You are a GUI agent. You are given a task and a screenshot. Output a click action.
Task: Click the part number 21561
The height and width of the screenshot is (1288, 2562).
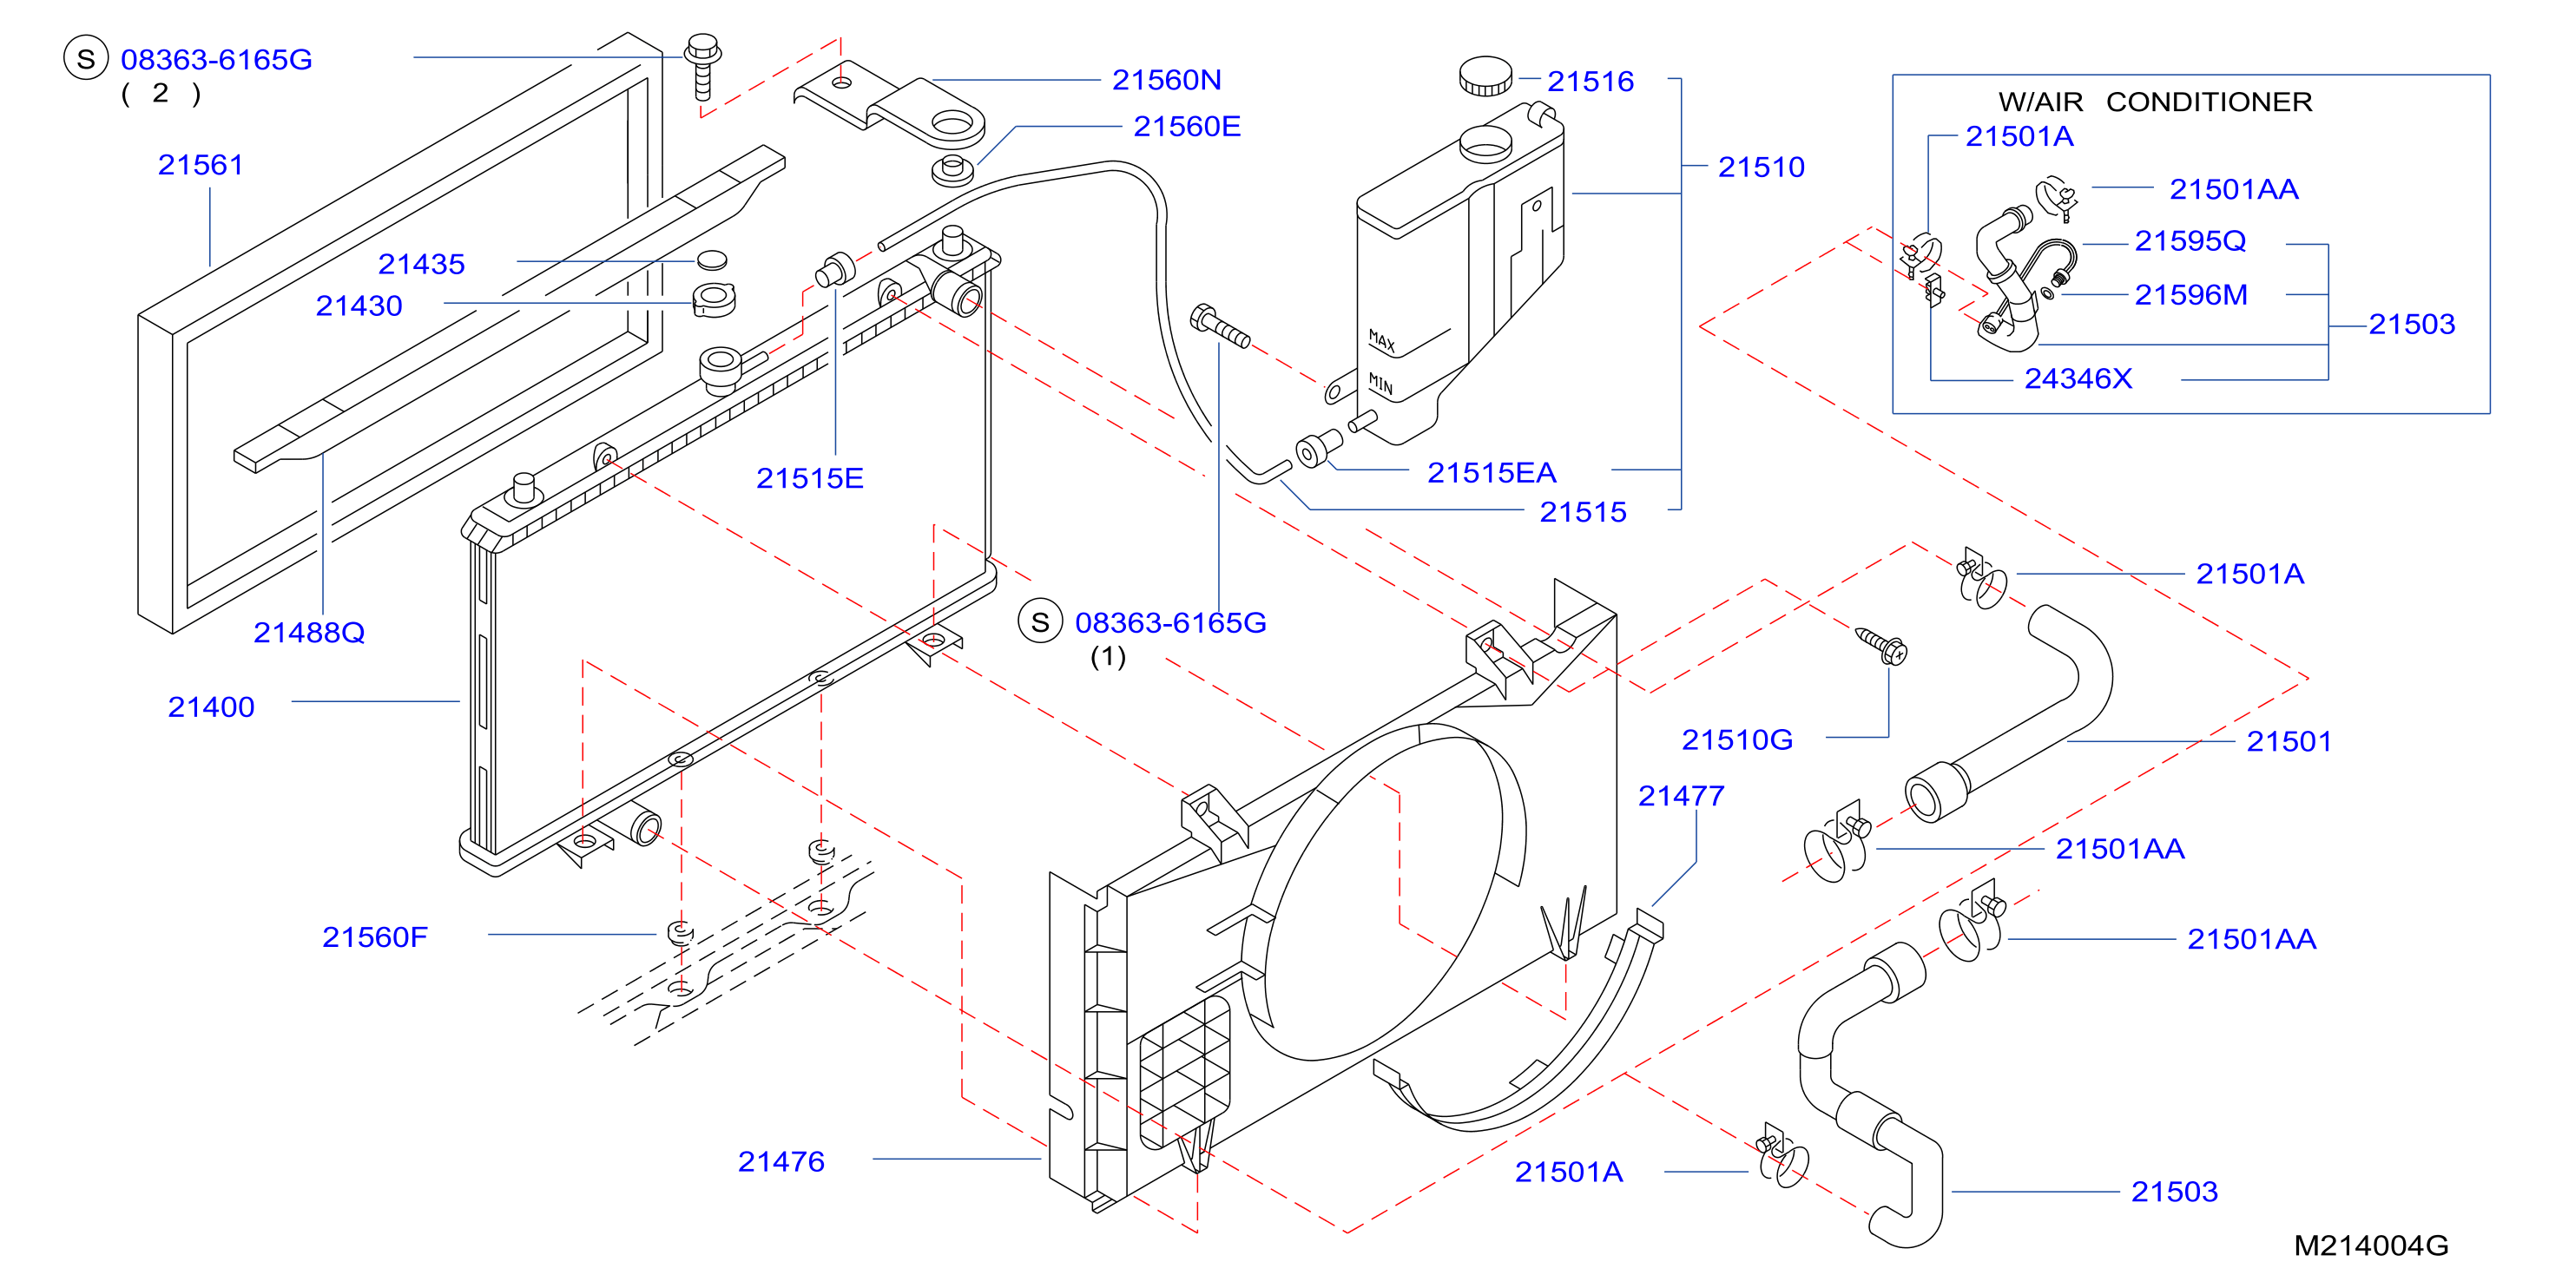[x=200, y=164]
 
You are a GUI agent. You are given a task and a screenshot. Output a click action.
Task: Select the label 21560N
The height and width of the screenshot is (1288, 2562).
[x=1166, y=80]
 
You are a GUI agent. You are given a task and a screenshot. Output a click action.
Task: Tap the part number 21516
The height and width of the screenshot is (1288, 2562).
[x=1590, y=81]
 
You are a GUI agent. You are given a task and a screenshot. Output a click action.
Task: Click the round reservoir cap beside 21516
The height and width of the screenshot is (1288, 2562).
[x=1485, y=76]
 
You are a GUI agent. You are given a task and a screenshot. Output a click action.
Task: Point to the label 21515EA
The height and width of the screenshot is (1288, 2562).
[x=1491, y=472]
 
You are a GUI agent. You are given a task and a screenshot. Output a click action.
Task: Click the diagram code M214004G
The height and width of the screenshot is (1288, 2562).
[x=2370, y=1245]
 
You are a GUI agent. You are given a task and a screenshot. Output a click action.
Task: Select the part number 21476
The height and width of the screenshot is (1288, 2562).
[x=780, y=1160]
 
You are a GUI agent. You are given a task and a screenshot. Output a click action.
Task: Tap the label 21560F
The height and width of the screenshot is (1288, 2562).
[x=374, y=936]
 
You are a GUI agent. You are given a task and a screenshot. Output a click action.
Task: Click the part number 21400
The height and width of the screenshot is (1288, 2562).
[x=211, y=706]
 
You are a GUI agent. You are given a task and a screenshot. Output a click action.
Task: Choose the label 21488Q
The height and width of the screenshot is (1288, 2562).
[x=308, y=633]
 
